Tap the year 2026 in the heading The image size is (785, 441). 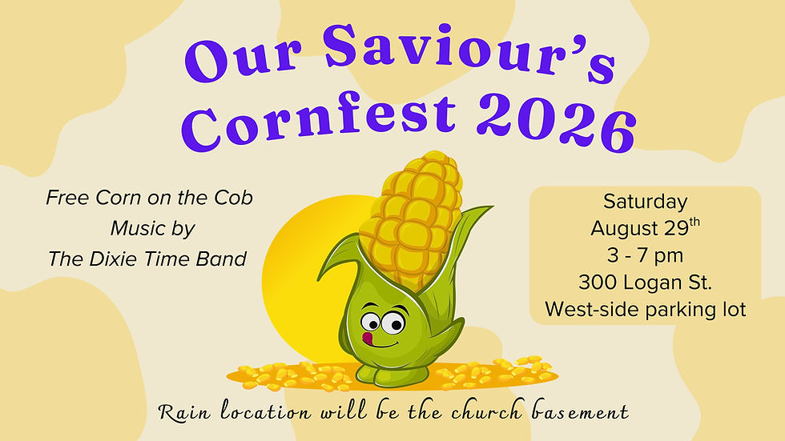click(556, 123)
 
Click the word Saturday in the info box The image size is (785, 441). click(646, 202)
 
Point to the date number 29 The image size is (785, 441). click(677, 228)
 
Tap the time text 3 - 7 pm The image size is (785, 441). click(645, 256)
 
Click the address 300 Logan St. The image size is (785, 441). click(645, 283)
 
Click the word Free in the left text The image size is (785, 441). click(67, 198)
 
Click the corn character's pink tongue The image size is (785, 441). click(368, 338)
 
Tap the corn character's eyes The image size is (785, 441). click(383, 322)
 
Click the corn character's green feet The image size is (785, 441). click(392, 375)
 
